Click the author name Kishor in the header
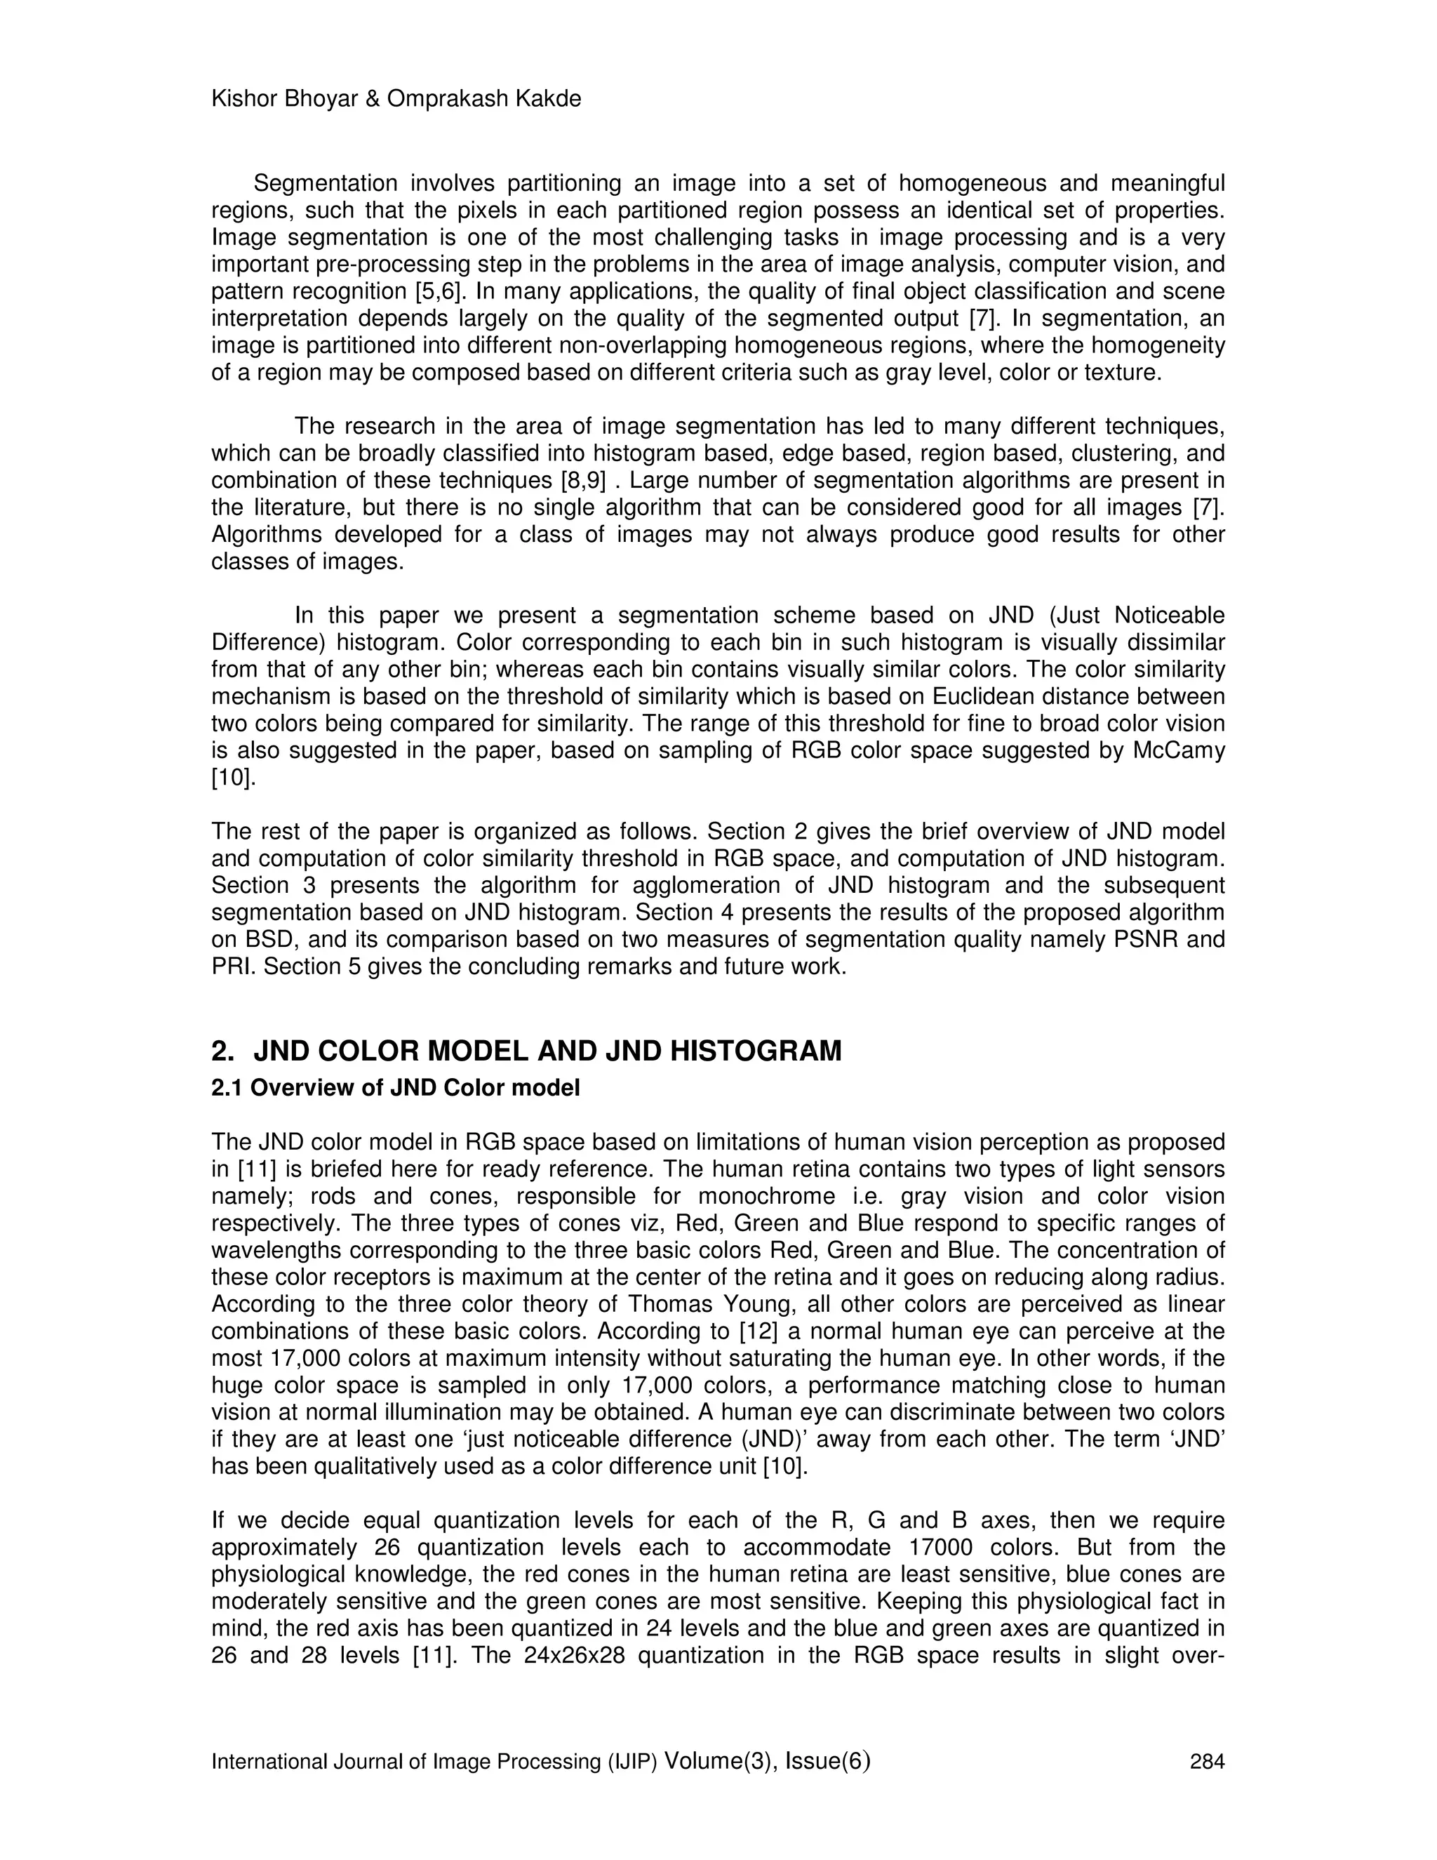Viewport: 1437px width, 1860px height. point(242,100)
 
